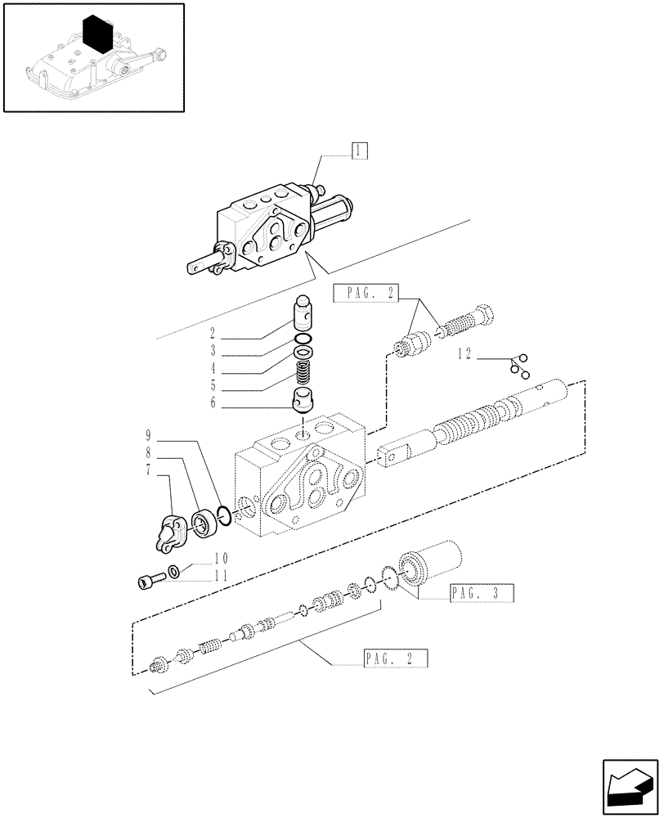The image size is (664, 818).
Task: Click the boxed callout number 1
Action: click(x=358, y=151)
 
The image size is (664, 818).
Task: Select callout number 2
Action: click(x=211, y=334)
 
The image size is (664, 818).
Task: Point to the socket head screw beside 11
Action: click(x=148, y=582)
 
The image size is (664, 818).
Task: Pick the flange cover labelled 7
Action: click(x=172, y=533)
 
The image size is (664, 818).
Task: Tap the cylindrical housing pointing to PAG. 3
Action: click(x=431, y=562)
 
